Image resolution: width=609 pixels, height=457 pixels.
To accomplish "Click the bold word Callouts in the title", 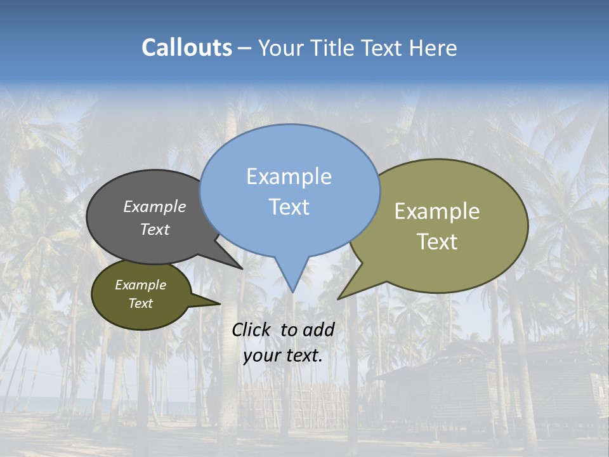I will [187, 48].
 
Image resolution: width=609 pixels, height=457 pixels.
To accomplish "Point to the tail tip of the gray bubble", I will [242, 268].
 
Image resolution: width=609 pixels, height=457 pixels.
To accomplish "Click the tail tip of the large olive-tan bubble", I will [339, 298].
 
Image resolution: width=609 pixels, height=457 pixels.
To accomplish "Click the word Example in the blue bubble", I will [289, 176].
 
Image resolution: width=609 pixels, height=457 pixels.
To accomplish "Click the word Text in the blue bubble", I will [289, 207].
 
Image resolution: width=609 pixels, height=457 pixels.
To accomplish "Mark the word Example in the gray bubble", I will [155, 206].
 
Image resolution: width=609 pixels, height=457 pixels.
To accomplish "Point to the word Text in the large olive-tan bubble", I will [437, 242].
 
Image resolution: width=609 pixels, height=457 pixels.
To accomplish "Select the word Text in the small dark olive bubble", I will [141, 303].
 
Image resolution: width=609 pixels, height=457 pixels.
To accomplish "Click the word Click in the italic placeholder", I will [253, 329].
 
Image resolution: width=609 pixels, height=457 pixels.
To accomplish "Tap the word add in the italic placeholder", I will [318, 329].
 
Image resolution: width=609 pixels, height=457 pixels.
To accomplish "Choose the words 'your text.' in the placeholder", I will [282, 355].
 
